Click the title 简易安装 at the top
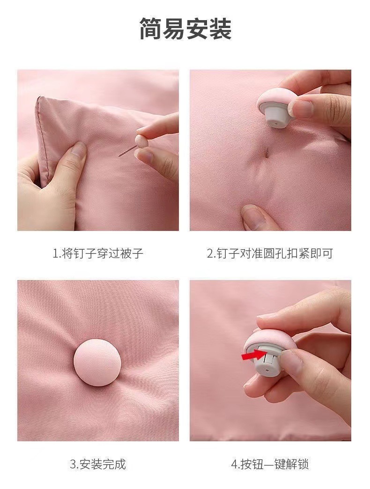(x=185, y=29)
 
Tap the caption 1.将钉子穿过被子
(x=97, y=254)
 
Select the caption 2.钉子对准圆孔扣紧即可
(x=270, y=254)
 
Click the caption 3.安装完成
(x=97, y=464)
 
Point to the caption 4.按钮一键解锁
(x=270, y=464)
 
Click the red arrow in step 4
(x=252, y=357)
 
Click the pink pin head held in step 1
(x=140, y=140)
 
